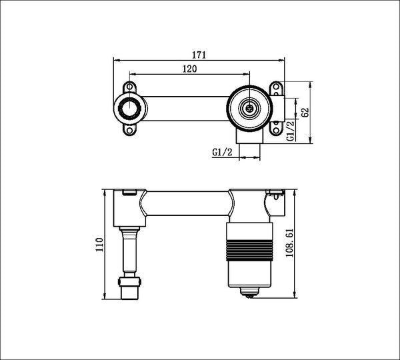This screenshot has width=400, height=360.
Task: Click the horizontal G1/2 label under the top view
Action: coord(223,152)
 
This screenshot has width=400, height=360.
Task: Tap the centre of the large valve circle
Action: coord(249,107)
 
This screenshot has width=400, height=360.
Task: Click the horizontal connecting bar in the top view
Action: coord(183,107)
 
